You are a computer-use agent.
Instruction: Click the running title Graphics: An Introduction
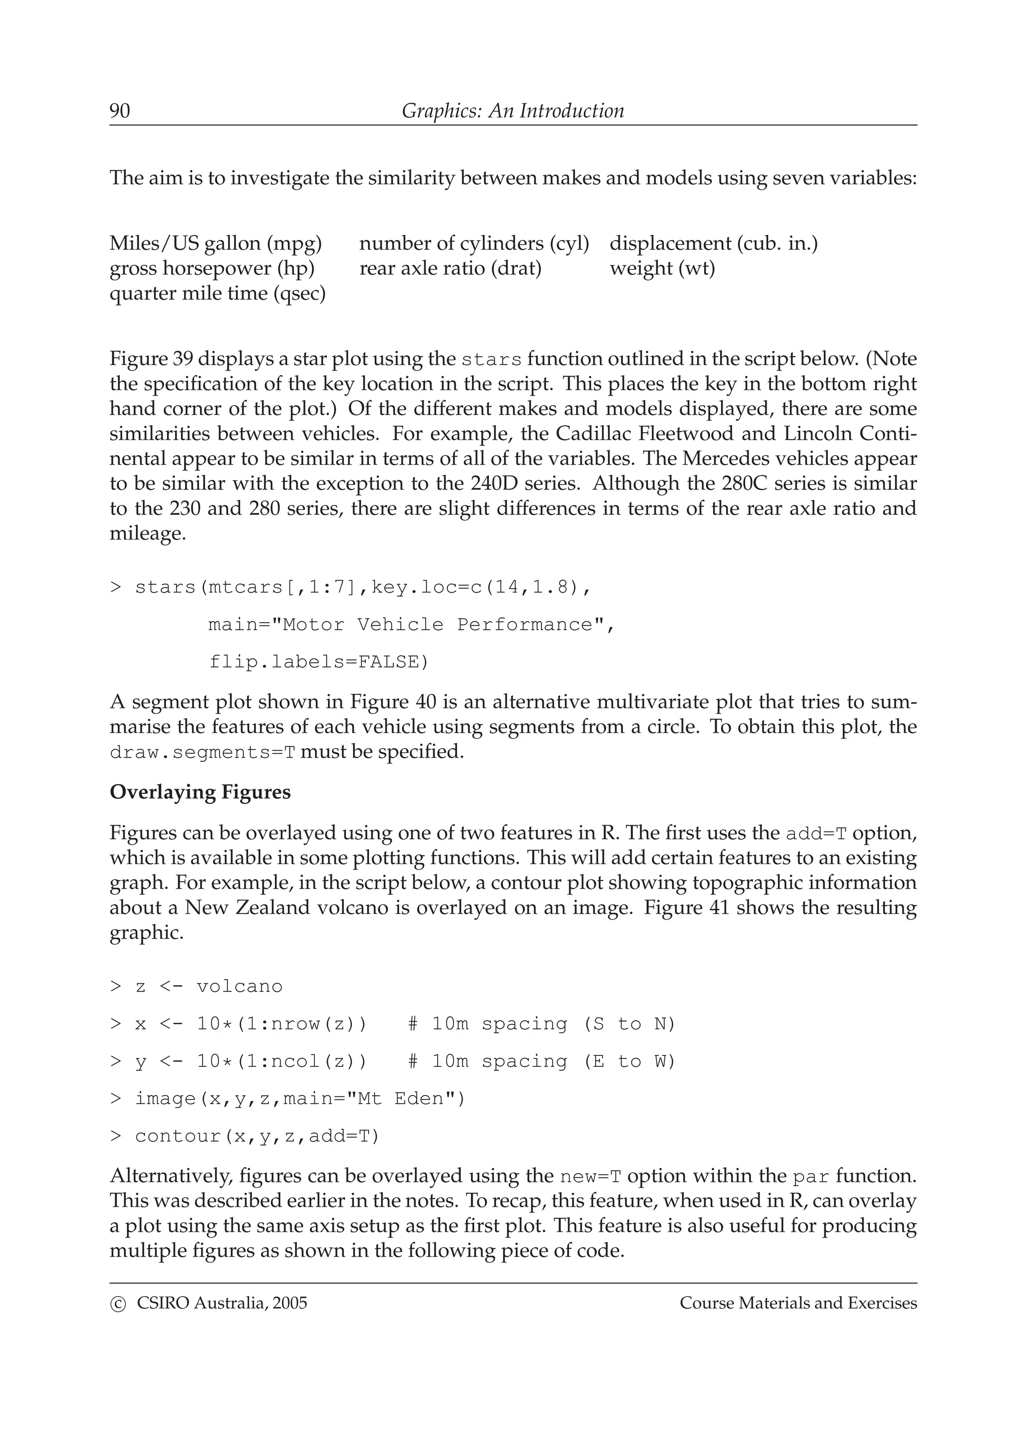click(512, 111)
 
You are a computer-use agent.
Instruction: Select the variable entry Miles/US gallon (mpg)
click(216, 243)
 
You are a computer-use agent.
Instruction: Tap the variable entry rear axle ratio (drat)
click(450, 268)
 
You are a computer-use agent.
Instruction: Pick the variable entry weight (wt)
click(662, 268)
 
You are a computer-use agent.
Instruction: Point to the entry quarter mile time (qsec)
click(218, 294)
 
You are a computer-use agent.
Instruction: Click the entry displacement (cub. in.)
click(713, 243)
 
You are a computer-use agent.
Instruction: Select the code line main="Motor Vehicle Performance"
click(411, 625)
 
